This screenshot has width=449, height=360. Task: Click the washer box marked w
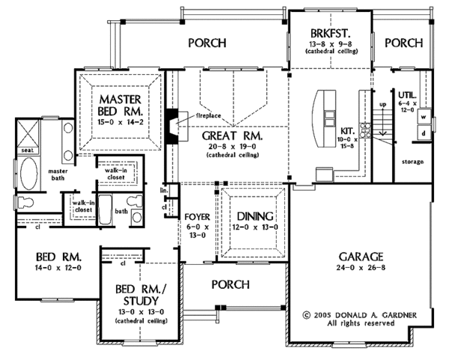[x=423, y=118]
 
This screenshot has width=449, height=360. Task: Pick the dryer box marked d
[x=423, y=134]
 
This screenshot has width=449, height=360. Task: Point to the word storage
[x=412, y=162]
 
